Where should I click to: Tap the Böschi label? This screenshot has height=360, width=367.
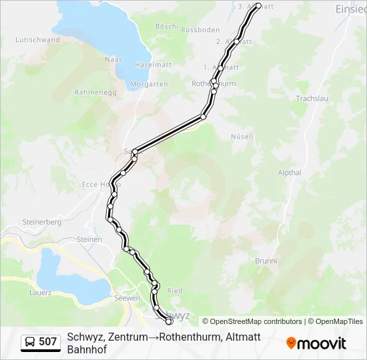166,27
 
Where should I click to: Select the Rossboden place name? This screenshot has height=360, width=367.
200,30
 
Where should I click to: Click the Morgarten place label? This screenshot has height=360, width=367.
149,84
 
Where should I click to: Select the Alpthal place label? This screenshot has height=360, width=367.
290,173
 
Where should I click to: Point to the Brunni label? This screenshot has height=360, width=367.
266,261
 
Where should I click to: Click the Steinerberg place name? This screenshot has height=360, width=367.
42,221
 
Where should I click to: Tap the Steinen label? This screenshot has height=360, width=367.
89,239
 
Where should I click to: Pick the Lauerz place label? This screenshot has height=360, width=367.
40,293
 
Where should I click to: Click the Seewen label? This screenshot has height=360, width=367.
126,298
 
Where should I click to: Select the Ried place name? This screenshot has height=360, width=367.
174,291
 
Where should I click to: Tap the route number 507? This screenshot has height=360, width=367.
48,342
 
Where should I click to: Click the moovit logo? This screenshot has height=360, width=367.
316,343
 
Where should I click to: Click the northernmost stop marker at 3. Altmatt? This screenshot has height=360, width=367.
258,6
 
